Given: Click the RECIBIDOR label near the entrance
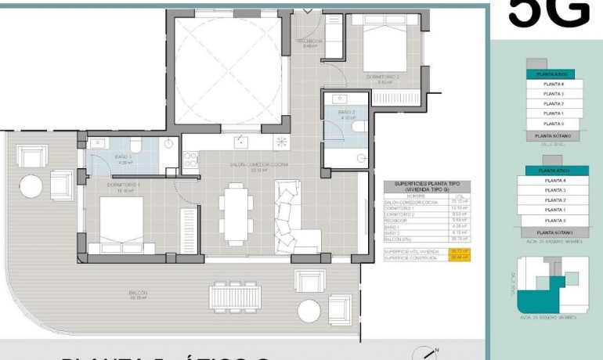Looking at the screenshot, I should [309, 41].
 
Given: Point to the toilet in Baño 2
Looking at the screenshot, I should [359, 125].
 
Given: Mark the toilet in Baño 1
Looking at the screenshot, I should [135, 145].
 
